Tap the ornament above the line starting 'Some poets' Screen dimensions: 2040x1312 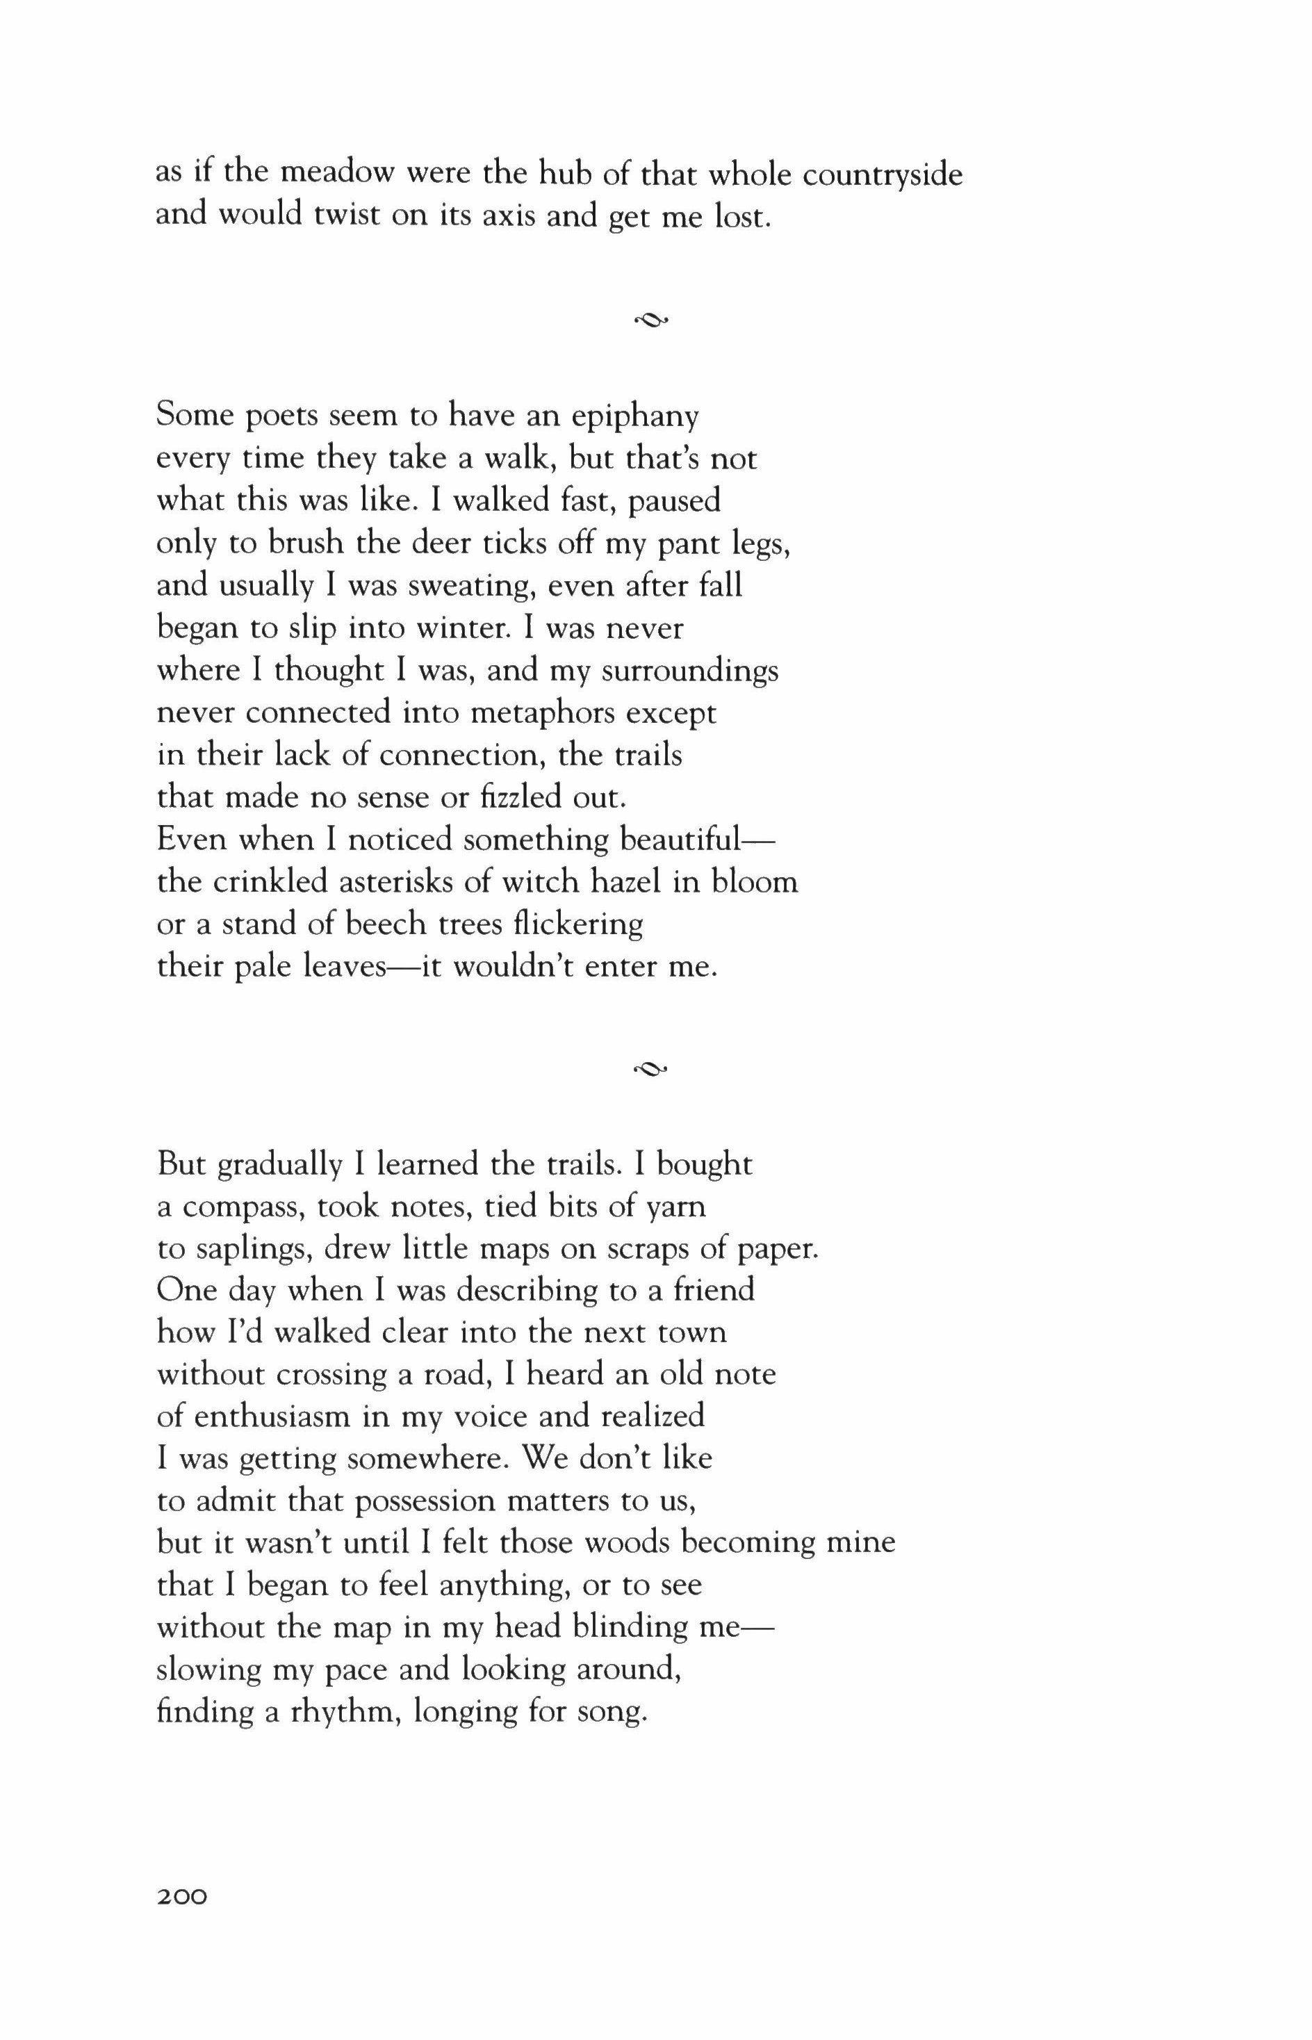tap(652, 320)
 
